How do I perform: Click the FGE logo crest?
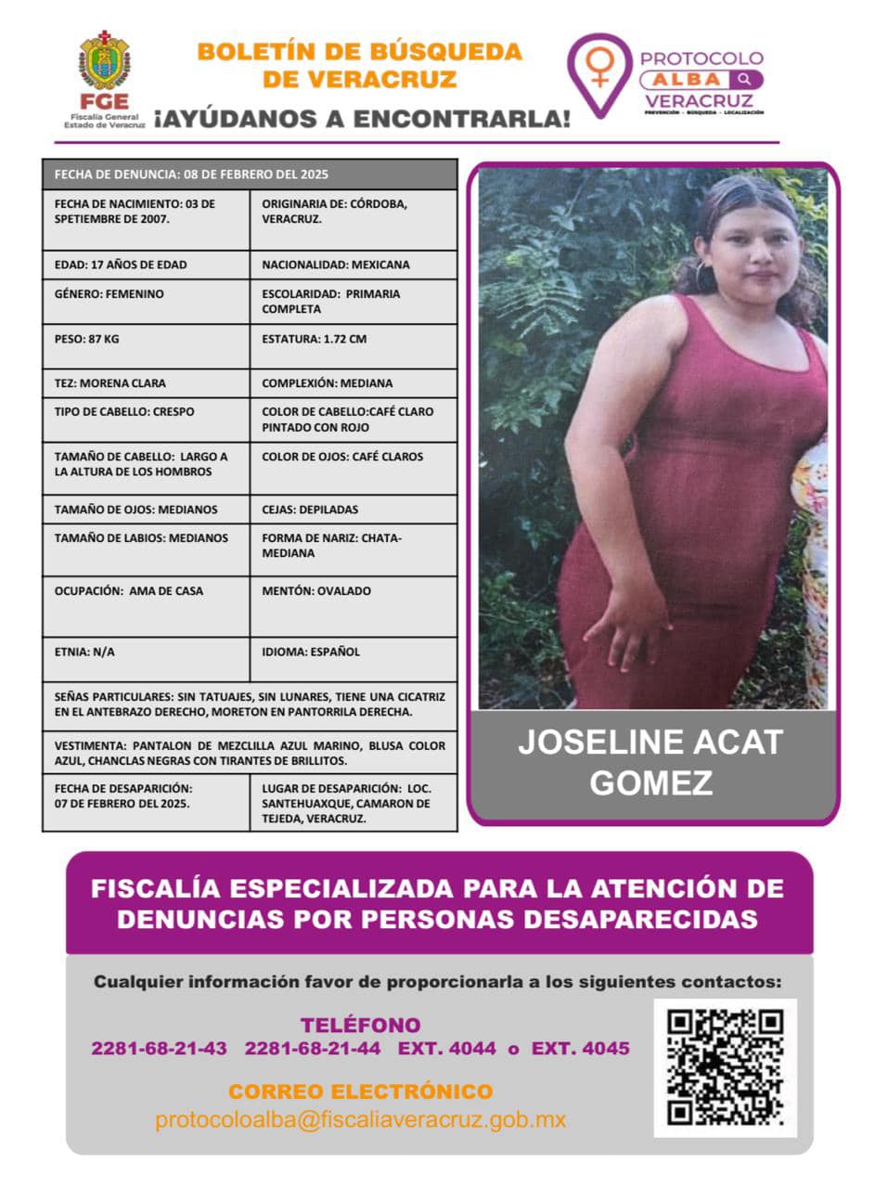click(104, 59)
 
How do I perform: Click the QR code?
click(725, 1067)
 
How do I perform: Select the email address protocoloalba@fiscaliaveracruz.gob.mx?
click(360, 1119)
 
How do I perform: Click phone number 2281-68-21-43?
click(159, 1049)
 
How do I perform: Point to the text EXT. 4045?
click(580, 1049)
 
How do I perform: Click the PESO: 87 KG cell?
click(146, 345)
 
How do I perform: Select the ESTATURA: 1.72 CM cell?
click(353, 345)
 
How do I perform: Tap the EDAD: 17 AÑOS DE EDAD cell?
click(146, 265)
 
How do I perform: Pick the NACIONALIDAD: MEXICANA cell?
click(353, 265)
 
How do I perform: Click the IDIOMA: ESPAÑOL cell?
click(353, 658)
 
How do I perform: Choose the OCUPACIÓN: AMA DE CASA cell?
click(146, 605)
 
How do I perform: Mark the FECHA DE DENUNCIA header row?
click(250, 174)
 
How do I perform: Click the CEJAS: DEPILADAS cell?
click(353, 509)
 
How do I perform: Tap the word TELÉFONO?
click(360, 1026)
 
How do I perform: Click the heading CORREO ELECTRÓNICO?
click(360, 1091)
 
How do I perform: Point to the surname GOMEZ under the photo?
click(650, 782)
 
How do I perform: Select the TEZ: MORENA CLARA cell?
click(146, 382)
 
